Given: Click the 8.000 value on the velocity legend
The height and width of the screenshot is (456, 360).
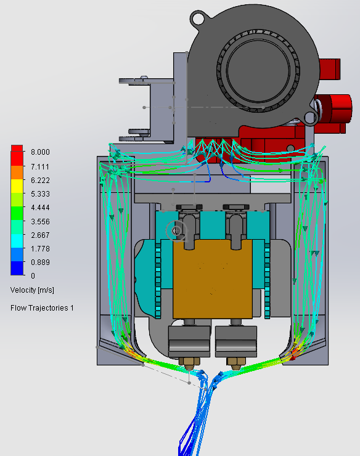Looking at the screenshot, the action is (40, 152).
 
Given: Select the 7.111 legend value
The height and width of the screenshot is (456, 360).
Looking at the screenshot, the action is (40, 166).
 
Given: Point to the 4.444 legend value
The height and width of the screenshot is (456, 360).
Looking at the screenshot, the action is (40, 208).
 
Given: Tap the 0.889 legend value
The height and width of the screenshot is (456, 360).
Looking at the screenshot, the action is (40, 263).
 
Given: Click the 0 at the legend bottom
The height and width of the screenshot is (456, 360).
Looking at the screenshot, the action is (33, 275).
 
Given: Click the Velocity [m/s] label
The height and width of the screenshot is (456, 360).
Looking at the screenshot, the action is (32, 290).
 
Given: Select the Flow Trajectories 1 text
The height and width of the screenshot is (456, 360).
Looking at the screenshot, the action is (42, 308).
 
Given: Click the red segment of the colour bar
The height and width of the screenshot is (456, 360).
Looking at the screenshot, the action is (17, 155).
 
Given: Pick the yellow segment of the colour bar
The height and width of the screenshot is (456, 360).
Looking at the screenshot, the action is (17, 186).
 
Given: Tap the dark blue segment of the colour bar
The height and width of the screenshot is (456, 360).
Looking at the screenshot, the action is (17, 268).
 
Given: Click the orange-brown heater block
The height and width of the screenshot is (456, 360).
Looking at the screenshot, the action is (213, 279).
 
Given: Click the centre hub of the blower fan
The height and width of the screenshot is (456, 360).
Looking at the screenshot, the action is (258, 70).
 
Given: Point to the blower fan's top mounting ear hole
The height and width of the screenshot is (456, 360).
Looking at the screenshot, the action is (198, 20).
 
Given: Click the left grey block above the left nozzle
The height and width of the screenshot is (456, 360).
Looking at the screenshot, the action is (189, 341).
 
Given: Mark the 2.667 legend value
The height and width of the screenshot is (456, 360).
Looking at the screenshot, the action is (40, 235).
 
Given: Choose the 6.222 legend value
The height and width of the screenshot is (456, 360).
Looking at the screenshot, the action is (40, 181).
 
